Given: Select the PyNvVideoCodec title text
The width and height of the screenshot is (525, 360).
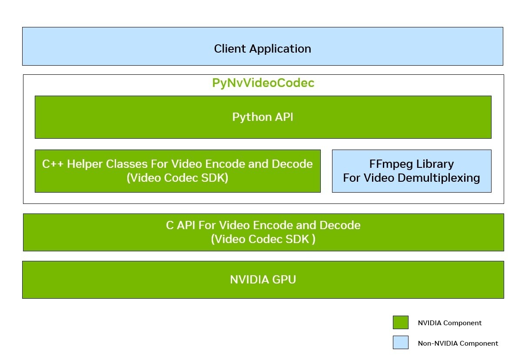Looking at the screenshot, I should [263, 83].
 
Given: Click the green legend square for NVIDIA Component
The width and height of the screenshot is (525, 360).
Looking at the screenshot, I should [400, 323].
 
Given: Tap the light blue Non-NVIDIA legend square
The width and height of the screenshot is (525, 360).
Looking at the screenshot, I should [400, 343].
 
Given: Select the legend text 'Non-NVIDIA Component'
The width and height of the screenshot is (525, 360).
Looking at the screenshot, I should [458, 343].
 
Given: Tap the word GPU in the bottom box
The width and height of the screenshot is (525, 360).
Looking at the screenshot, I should [284, 279].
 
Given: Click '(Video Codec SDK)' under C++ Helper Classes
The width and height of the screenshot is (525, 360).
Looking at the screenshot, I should [177, 178].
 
